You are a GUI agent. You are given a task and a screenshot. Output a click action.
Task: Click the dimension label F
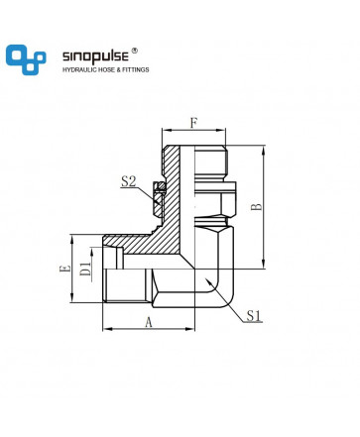(x=193, y=123)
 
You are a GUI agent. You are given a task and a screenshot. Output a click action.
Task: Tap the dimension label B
(x=256, y=207)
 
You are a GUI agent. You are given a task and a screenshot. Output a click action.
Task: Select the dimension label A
(x=149, y=322)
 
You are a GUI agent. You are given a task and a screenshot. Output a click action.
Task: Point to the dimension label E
(x=65, y=269)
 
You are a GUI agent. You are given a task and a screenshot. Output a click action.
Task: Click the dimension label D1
(x=85, y=269)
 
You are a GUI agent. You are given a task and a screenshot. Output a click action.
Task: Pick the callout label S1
(x=254, y=316)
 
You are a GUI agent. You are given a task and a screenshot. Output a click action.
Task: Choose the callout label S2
(x=129, y=181)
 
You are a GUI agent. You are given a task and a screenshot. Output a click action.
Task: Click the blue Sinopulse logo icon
(x=26, y=59)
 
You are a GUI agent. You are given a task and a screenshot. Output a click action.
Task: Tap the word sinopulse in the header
(x=95, y=56)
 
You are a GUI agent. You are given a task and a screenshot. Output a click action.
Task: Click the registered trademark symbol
(x=135, y=51)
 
